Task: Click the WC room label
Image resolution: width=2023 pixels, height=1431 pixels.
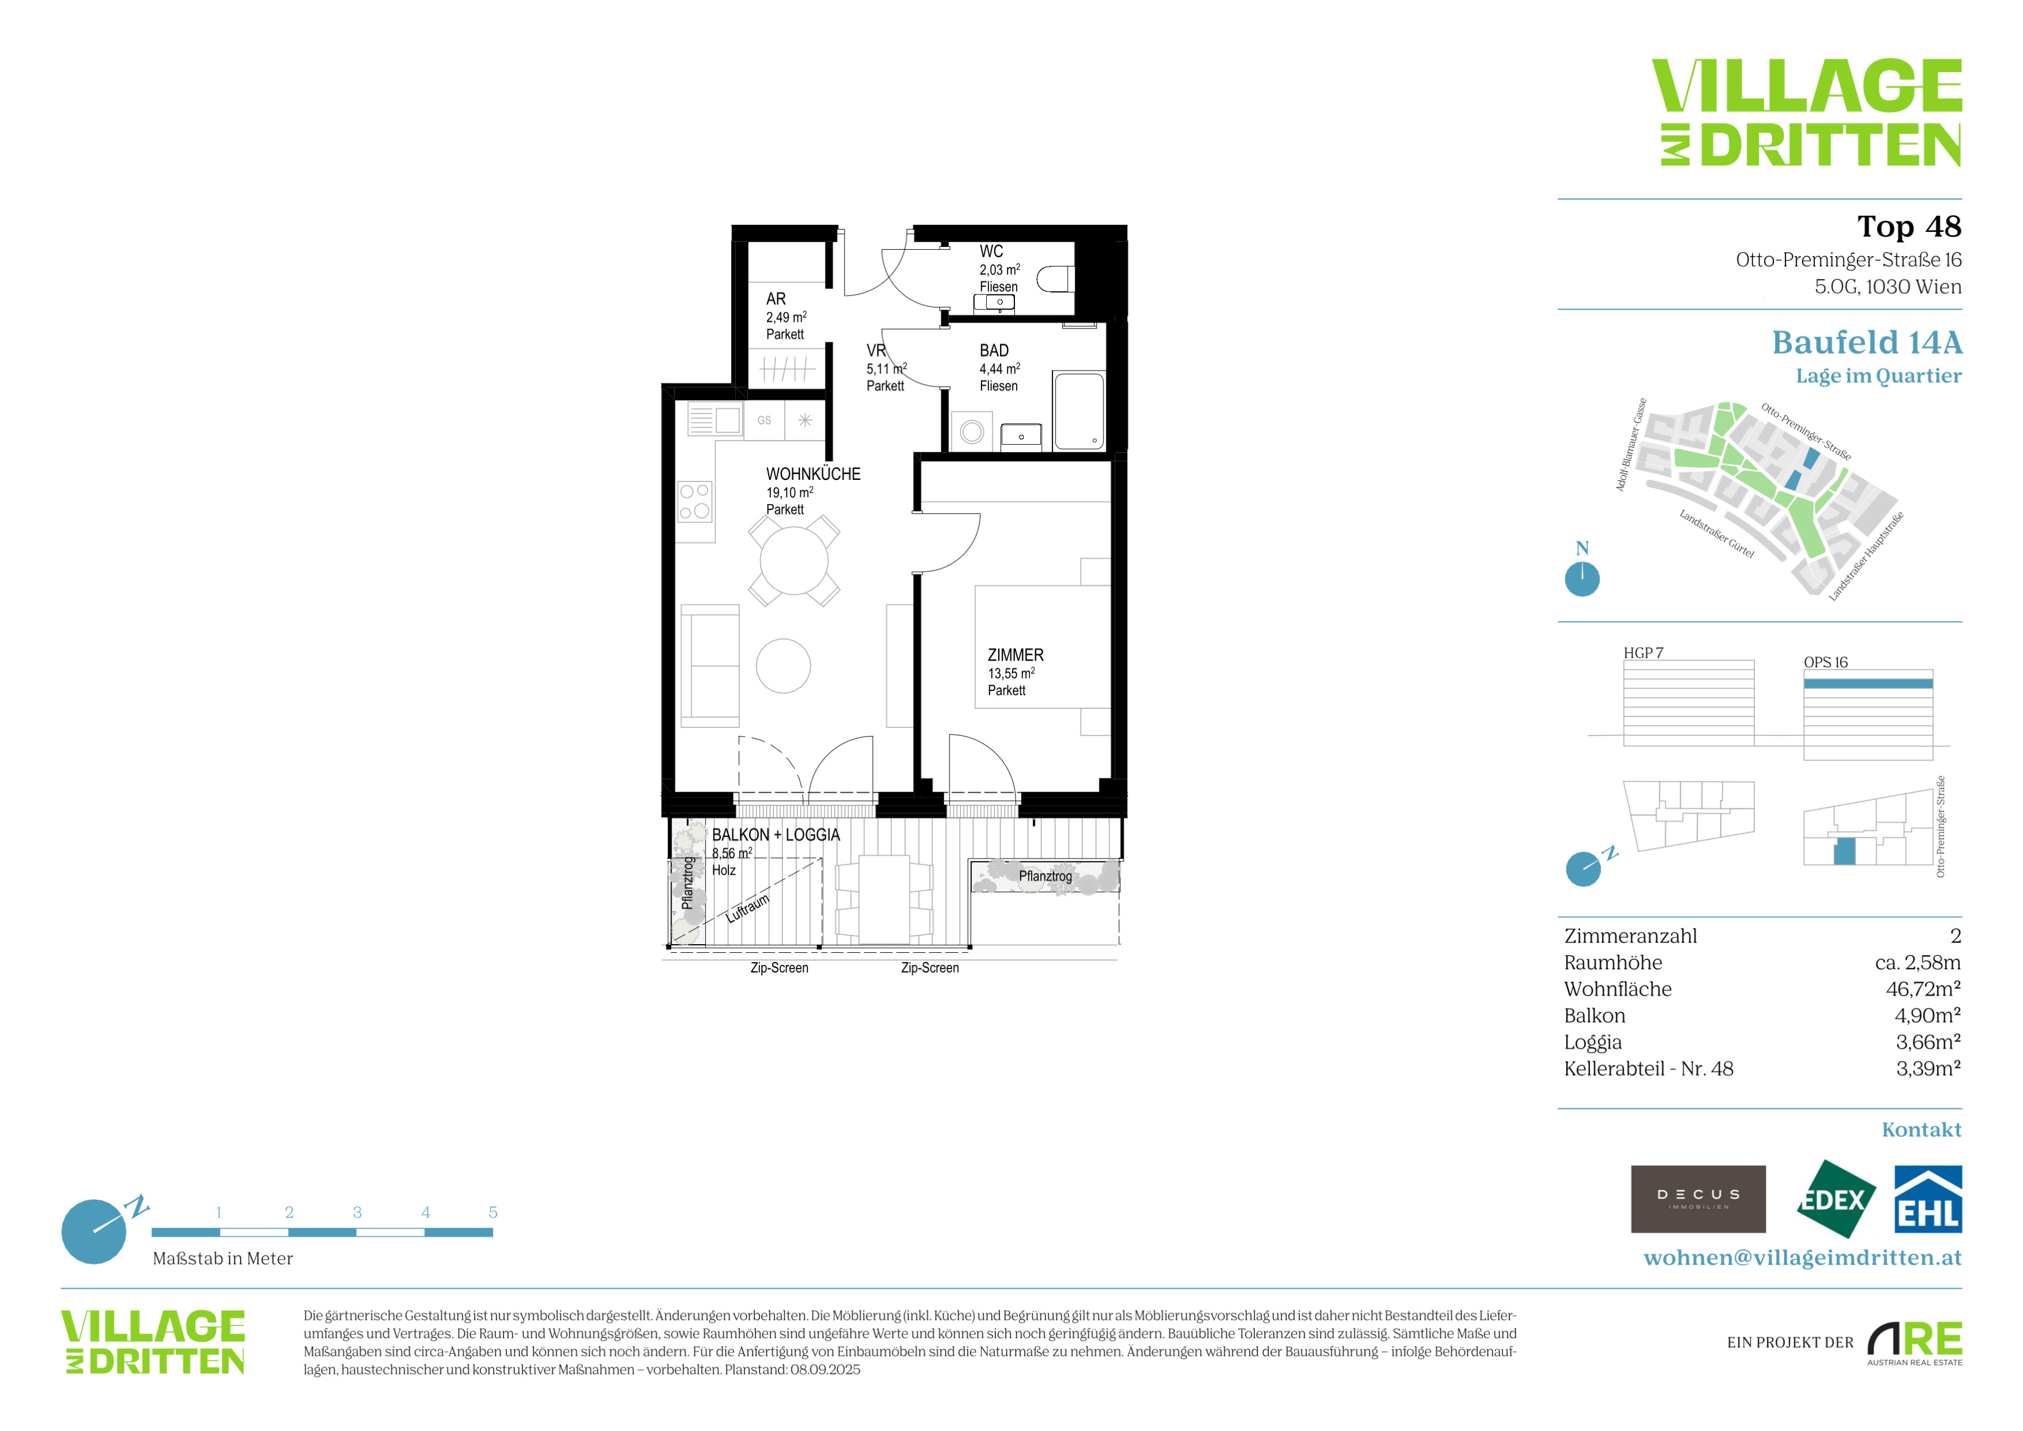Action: coord(991,252)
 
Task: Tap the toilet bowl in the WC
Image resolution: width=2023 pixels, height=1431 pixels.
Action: coord(1055,280)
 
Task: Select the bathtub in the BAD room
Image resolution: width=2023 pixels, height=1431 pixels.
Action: coord(1079,412)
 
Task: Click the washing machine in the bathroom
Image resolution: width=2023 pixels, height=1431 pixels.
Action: coord(972,432)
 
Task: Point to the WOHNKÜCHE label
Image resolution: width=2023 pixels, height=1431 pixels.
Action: coord(813,474)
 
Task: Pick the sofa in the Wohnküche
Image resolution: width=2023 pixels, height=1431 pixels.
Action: coord(709,666)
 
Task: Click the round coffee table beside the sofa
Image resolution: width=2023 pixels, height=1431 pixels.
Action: coord(783,666)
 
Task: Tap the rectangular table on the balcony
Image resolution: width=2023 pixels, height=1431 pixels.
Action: coord(884,900)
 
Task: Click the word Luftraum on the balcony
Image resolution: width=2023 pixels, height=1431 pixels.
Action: coord(747,908)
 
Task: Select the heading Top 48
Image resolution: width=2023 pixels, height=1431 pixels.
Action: coord(1909,227)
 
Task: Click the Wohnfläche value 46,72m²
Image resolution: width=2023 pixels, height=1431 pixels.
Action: coord(1924,989)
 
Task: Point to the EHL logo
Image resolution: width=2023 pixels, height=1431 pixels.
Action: coord(1929,1199)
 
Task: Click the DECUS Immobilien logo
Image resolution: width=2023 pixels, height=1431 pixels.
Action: coord(1699,1199)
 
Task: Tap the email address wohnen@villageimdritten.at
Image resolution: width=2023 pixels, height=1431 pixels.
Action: coord(1803,1258)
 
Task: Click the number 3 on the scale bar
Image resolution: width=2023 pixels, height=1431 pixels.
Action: coord(357,1212)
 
